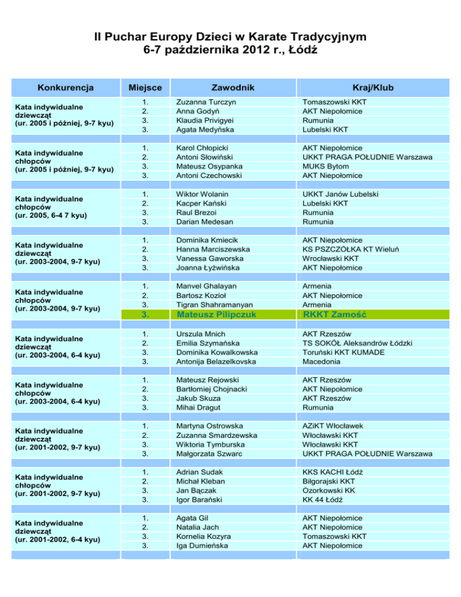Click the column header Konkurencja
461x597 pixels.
65,88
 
